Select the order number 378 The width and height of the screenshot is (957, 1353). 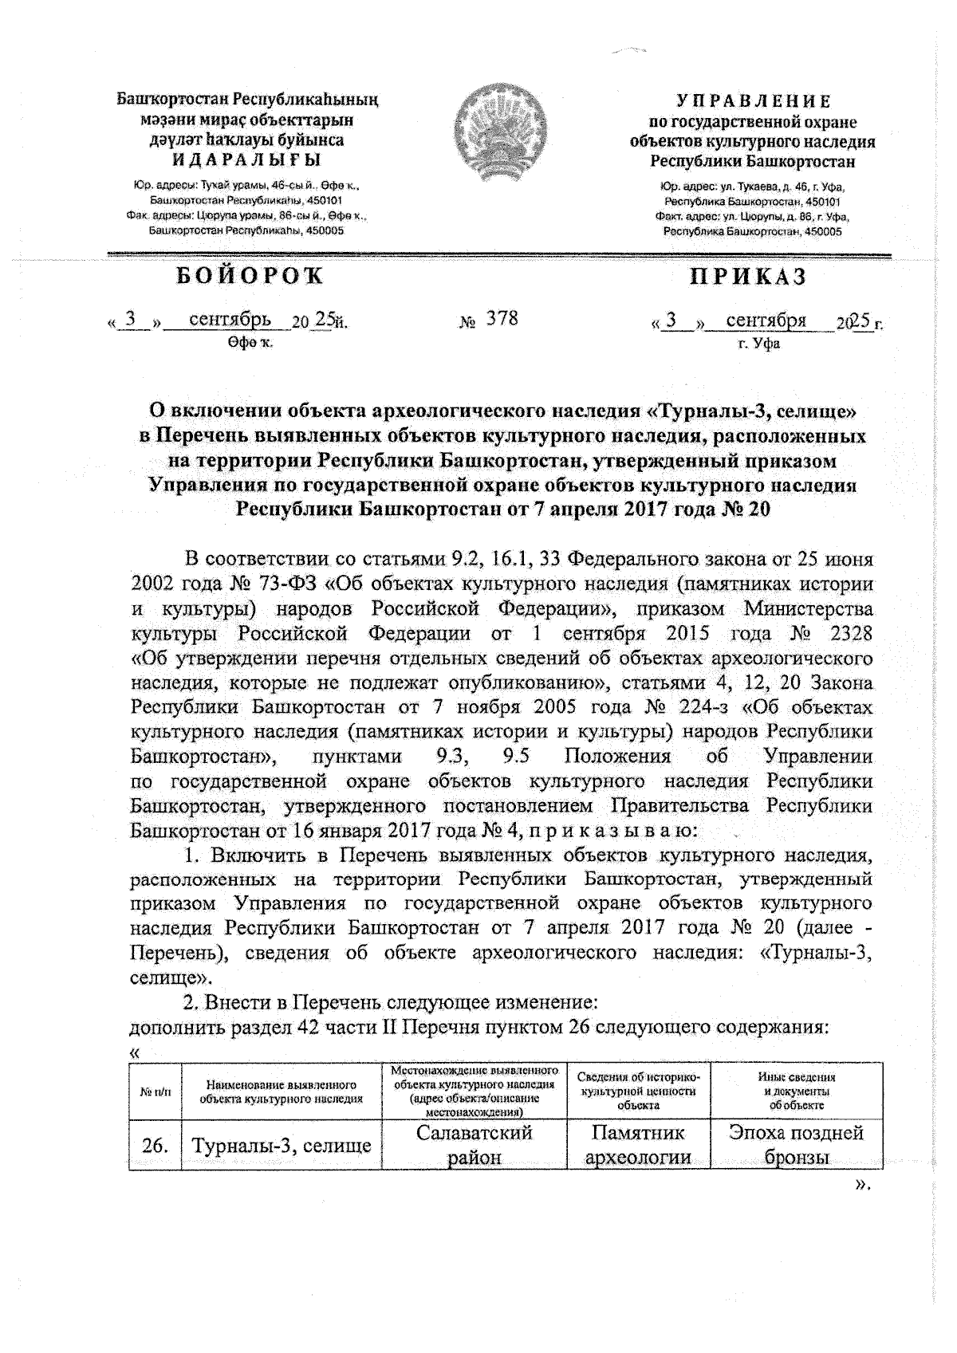[x=502, y=319]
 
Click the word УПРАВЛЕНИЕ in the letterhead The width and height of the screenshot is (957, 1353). [x=753, y=102]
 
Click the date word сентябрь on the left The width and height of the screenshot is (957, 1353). [x=224, y=321]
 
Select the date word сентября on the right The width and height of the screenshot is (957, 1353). [x=766, y=321]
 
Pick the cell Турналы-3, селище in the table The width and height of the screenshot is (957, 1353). [x=281, y=1147]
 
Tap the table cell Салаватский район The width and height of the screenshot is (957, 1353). [x=474, y=1146]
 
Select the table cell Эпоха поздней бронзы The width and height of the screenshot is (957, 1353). [x=797, y=1146]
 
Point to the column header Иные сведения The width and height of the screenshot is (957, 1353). [x=796, y=1077]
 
